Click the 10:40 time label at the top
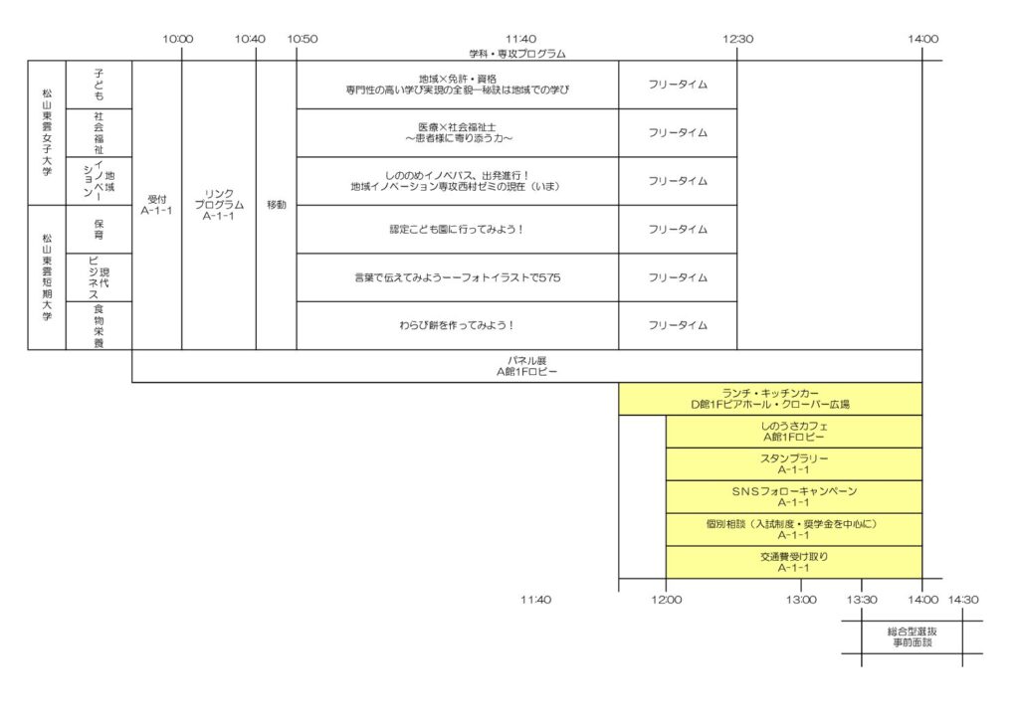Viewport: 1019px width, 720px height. [x=250, y=39]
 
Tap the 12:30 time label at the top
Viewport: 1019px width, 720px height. [x=737, y=39]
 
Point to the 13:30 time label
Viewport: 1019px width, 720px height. [x=862, y=600]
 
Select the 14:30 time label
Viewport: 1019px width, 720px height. [x=963, y=600]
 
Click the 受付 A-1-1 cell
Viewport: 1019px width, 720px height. [x=156, y=205]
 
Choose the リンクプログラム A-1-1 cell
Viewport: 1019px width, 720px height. [x=219, y=205]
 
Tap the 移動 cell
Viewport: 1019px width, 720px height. [x=277, y=205]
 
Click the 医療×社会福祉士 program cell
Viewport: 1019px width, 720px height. [x=458, y=133]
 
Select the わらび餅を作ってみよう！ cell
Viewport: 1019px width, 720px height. [x=458, y=325]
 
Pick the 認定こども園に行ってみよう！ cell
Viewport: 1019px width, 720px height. [x=458, y=229]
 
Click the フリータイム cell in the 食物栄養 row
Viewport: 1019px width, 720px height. [x=678, y=325]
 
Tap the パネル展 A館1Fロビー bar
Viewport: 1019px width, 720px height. [x=527, y=366]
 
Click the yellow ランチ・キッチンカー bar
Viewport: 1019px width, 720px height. [x=770, y=399]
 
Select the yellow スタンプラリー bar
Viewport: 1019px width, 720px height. [x=794, y=464]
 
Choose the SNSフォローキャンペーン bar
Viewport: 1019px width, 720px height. [x=794, y=496]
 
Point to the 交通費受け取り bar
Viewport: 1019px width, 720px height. [x=794, y=562]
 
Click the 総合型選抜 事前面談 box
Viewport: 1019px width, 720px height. [x=912, y=636]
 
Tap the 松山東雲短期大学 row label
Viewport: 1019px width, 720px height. [x=47, y=277]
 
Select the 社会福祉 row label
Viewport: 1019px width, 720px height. [x=99, y=133]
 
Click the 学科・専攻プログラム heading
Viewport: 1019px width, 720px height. [x=517, y=54]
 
